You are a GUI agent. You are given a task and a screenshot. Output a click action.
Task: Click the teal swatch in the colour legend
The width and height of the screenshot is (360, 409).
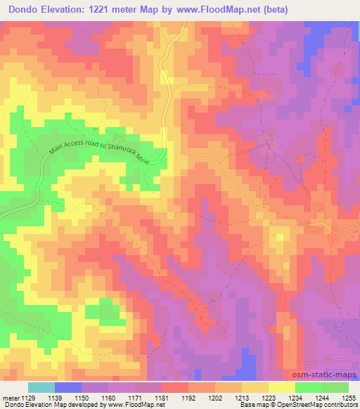coord(41,387)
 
